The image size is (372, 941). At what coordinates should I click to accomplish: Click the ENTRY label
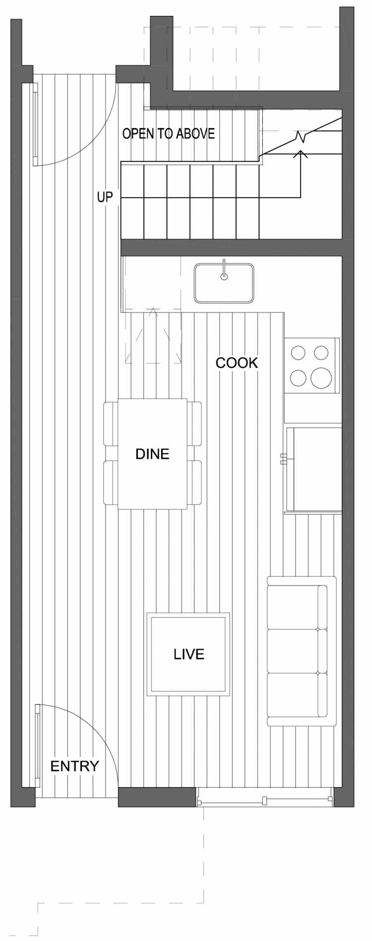[74, 766]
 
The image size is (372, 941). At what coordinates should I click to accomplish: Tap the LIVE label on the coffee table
[189, 654]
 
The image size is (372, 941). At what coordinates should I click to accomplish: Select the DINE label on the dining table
[152, 453]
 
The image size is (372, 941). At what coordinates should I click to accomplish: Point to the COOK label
[237, 362]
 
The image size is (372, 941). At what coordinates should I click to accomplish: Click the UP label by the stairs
[105, 197]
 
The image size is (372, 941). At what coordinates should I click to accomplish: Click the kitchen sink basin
[224, 283]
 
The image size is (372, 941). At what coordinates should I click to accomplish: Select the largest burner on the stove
[321, 378]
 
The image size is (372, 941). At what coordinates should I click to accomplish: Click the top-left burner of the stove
[298, 353]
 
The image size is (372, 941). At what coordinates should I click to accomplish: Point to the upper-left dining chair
[110, 423]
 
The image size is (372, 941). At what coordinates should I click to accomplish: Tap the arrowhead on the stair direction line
[301, 153]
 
